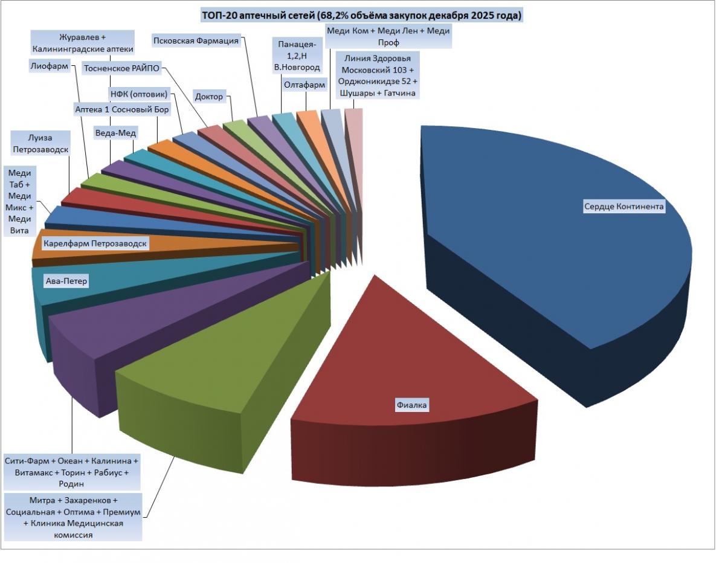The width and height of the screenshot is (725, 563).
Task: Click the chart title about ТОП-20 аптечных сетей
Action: [362, 16]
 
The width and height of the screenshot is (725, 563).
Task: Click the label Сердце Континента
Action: [623, 207]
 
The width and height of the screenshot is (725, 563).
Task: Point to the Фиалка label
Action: [412, 405]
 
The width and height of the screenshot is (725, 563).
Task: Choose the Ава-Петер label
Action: [66, 281]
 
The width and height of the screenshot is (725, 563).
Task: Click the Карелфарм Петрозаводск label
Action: [95, 243]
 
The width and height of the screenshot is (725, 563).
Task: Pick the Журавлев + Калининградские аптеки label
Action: [84, 42]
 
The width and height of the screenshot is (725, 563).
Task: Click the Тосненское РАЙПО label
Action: [121, 68]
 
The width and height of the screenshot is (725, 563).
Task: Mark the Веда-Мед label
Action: [116, 132]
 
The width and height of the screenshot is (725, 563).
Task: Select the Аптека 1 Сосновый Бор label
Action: [121, 109]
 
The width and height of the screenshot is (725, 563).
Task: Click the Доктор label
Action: [209, 97]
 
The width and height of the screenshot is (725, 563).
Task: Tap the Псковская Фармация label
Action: [196, 40]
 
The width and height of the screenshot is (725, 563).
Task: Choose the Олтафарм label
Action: [304, 85]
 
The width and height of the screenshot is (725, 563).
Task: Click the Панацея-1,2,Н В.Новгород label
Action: [297, 56]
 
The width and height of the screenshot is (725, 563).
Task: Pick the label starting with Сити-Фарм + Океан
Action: [72, 472]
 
